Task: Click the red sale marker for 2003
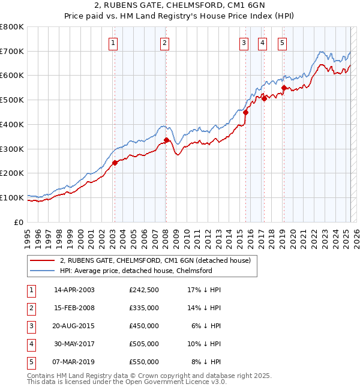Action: click(x=115, y=163)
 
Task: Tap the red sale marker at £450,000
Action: click(x=246, y=112)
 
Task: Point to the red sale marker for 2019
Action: click(x=284, y=88)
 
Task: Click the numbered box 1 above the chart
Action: click(x=113, y=43)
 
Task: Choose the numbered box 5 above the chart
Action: click(x=282, y=43)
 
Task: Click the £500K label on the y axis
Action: click(x=12, y=100)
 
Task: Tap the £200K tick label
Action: click(x=12, y=173)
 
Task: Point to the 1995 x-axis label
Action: click(x=27, y=235)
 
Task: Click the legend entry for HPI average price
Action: click(x=136, y=271)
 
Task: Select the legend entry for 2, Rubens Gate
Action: click(x=158, y=260)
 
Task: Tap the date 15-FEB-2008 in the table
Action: click(x=74, y=308)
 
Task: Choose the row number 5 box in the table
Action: click(x=30, y=362)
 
